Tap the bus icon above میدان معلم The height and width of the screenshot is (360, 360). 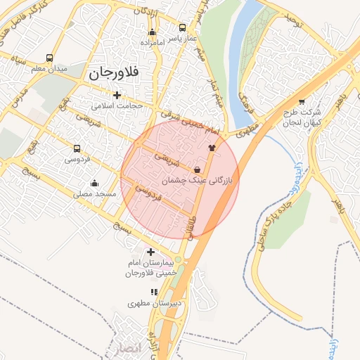point(49,58)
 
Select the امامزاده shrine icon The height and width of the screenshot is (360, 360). point(152,32)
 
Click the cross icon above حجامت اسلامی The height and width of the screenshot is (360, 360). point(117,95)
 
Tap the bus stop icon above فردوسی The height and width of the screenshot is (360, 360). point(77,148)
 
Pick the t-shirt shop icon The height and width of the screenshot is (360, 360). point(212,148)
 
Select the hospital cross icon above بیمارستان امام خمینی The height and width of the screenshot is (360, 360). point(150,252)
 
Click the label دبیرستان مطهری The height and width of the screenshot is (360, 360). point(155,303)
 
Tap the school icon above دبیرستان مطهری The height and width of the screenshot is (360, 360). point(153,292)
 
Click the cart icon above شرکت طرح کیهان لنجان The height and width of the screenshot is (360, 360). point(302,101)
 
